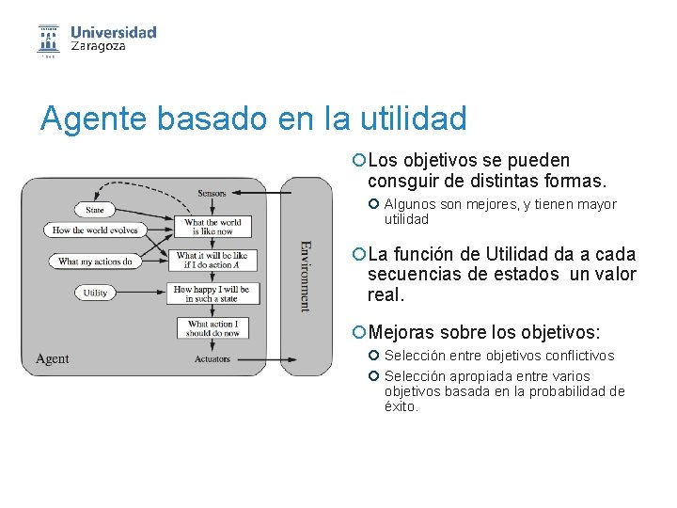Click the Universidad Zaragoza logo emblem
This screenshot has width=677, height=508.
48,40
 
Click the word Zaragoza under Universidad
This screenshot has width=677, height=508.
98,46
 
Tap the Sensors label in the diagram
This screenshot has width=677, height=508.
212,193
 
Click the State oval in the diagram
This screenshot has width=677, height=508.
94,209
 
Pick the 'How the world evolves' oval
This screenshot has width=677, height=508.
94,230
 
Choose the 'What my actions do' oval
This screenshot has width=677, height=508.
94,261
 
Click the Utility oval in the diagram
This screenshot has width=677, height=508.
95,293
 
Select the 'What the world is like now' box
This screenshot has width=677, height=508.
213,227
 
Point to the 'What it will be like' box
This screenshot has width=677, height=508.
213,259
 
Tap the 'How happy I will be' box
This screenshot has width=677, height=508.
212,294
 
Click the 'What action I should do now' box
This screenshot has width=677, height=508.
213,328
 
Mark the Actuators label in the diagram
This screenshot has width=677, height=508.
213,359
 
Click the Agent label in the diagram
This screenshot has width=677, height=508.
53,358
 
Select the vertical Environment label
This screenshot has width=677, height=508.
305,276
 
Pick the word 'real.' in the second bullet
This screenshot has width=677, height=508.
386,294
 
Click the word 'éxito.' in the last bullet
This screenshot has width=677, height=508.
401,406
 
